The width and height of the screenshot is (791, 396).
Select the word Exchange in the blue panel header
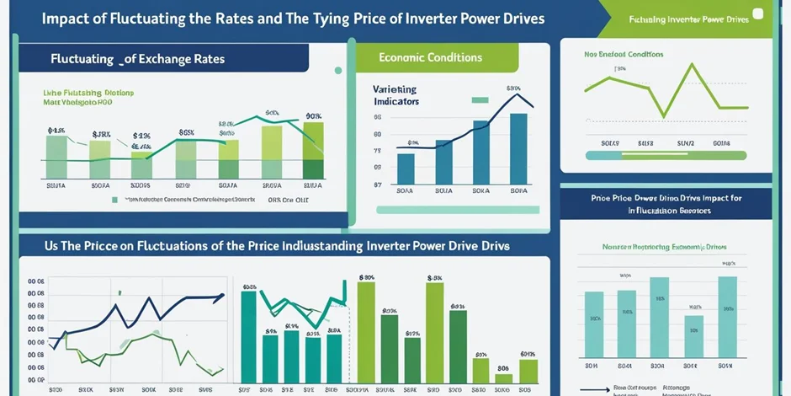point(157,59)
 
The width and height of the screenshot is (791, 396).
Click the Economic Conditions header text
point(430,57)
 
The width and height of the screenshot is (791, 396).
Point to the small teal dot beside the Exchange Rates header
point(338,71)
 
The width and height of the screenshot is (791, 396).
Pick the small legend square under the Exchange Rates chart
point(114,201)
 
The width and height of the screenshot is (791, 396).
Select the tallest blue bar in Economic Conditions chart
point(518,148)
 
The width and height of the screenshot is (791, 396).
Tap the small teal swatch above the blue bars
point(480,99)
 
